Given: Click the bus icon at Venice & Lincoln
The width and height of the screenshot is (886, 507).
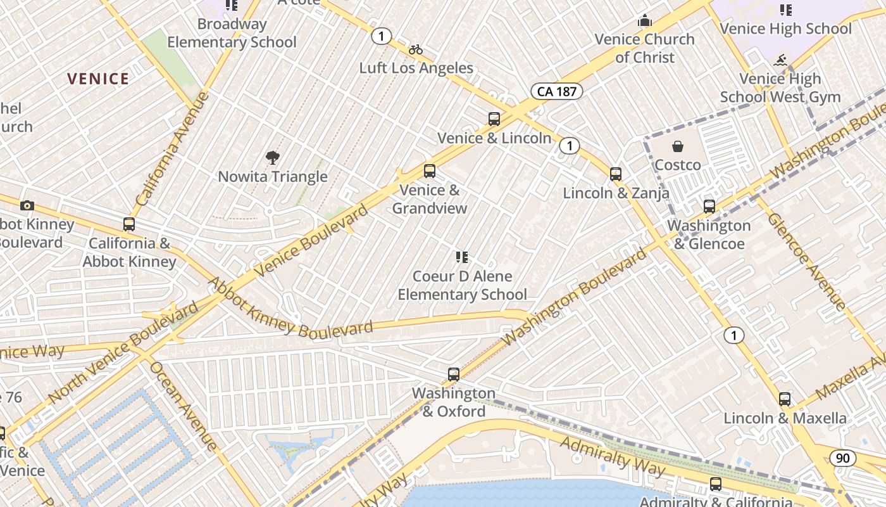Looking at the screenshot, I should [494, 119].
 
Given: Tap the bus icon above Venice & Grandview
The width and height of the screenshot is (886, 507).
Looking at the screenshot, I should [430, 170].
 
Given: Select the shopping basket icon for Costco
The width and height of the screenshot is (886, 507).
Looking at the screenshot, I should [678, 146].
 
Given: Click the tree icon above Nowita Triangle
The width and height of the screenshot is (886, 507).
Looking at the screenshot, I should [273, 157].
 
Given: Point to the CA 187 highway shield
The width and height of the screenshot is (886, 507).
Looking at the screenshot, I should [556, 91].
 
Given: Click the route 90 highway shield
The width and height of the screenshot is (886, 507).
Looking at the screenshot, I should [843, 458].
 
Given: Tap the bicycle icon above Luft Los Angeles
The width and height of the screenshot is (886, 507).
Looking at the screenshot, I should [416, 49].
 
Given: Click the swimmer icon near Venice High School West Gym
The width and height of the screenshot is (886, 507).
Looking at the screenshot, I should [780, 61].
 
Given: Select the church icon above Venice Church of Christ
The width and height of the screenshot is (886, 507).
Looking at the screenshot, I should [645, 21].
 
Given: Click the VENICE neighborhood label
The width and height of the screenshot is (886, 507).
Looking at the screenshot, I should [98, 79].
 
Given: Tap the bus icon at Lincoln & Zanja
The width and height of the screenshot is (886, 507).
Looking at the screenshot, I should [616, 174].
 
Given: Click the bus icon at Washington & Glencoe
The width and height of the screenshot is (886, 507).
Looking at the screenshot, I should [709, 206].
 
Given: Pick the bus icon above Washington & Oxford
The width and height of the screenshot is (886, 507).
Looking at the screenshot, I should [454, 374].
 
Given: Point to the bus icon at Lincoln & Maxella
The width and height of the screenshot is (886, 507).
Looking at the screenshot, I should [785, 399].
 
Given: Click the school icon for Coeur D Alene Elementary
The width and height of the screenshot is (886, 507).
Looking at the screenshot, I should [462, 257].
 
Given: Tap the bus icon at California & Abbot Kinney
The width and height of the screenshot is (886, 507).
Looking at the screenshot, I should [129, 224].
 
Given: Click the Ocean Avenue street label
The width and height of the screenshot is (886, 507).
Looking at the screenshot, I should [184, 406].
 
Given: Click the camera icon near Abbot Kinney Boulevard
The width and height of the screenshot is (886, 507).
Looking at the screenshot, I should [27, 205].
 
